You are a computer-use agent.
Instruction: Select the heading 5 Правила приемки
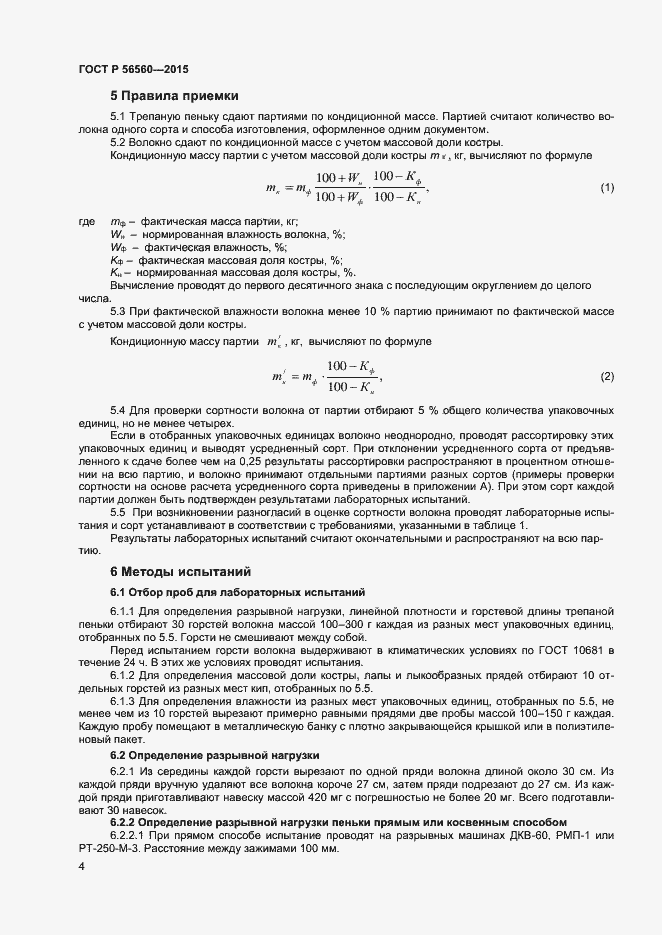pyautogui.click(x=174, y=96)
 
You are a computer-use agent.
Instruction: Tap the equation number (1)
pyautogui.click(x=606, y=188)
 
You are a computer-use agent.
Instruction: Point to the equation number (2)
pyautogui.click(x=606, y=376)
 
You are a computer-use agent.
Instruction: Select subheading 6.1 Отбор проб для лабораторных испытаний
pyautogui.click(x=224, y=593)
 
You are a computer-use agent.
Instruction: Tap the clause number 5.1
pyautogui.click(x=119, y=117)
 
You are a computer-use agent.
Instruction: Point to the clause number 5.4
pyautogui.click(x=119, y=412)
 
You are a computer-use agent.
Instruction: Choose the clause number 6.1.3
pyautogui.click(x=124, y=703)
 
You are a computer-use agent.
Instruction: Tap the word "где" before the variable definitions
pyautogui.click(x=85, y=221)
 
